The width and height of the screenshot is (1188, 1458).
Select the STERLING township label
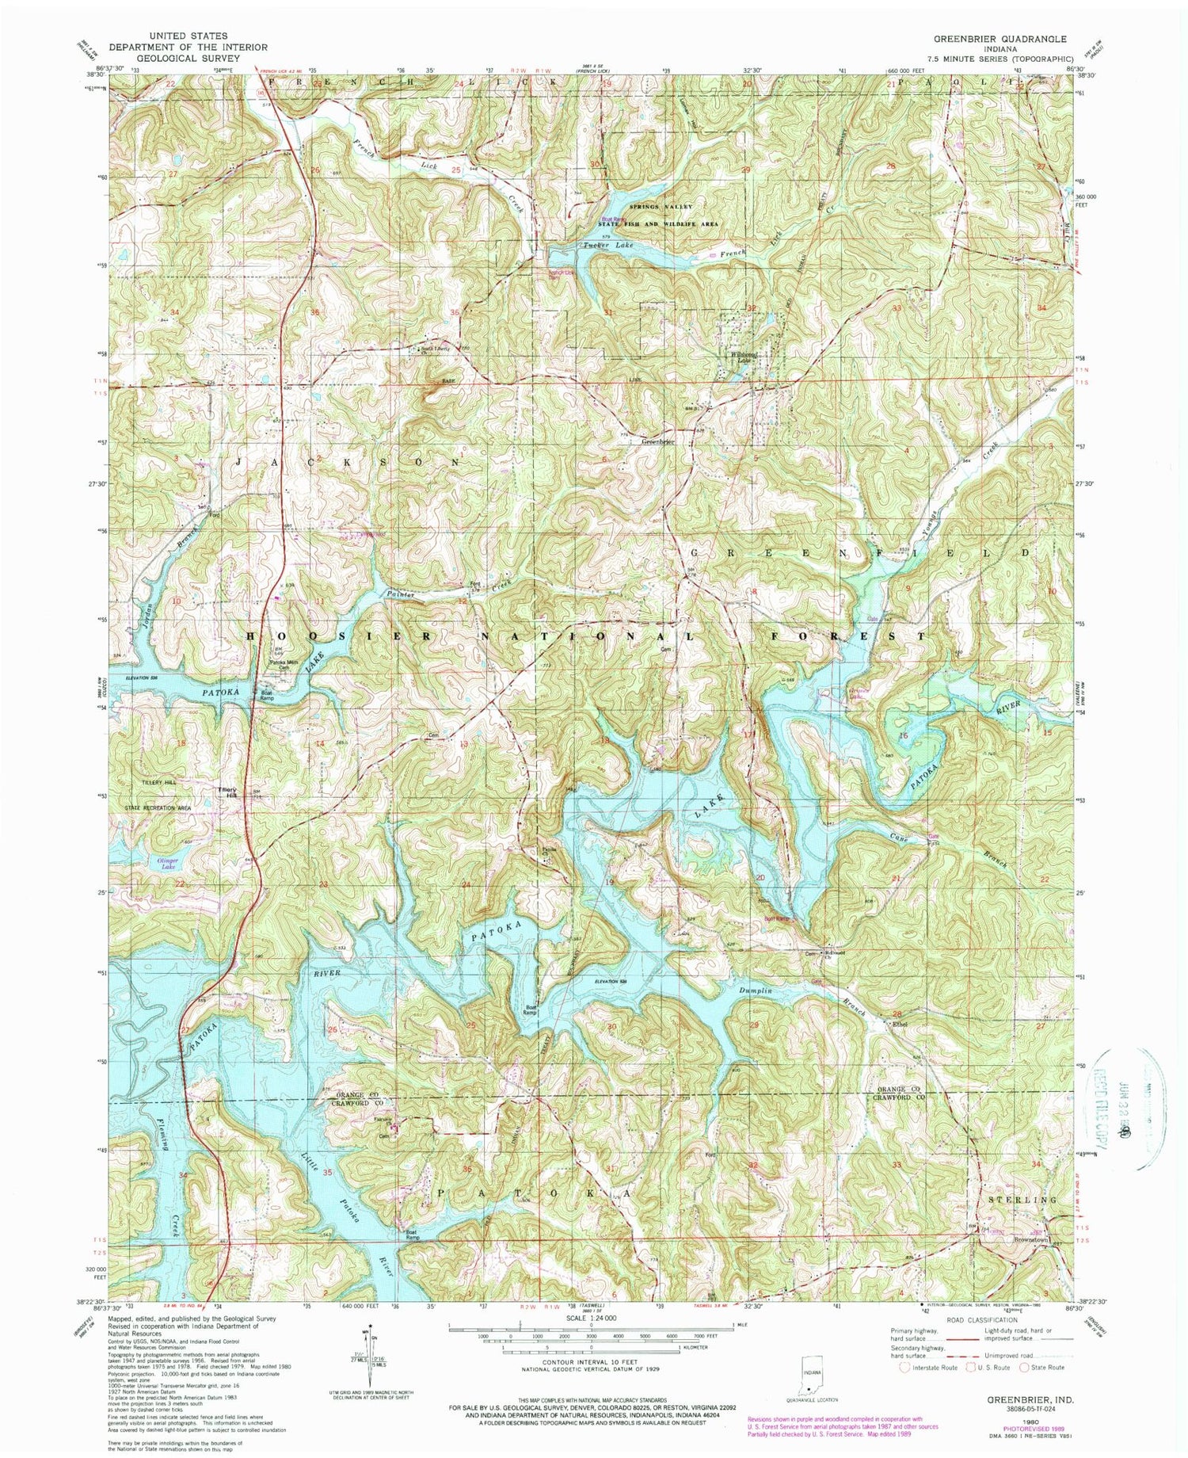[x=1022, y=1200]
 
